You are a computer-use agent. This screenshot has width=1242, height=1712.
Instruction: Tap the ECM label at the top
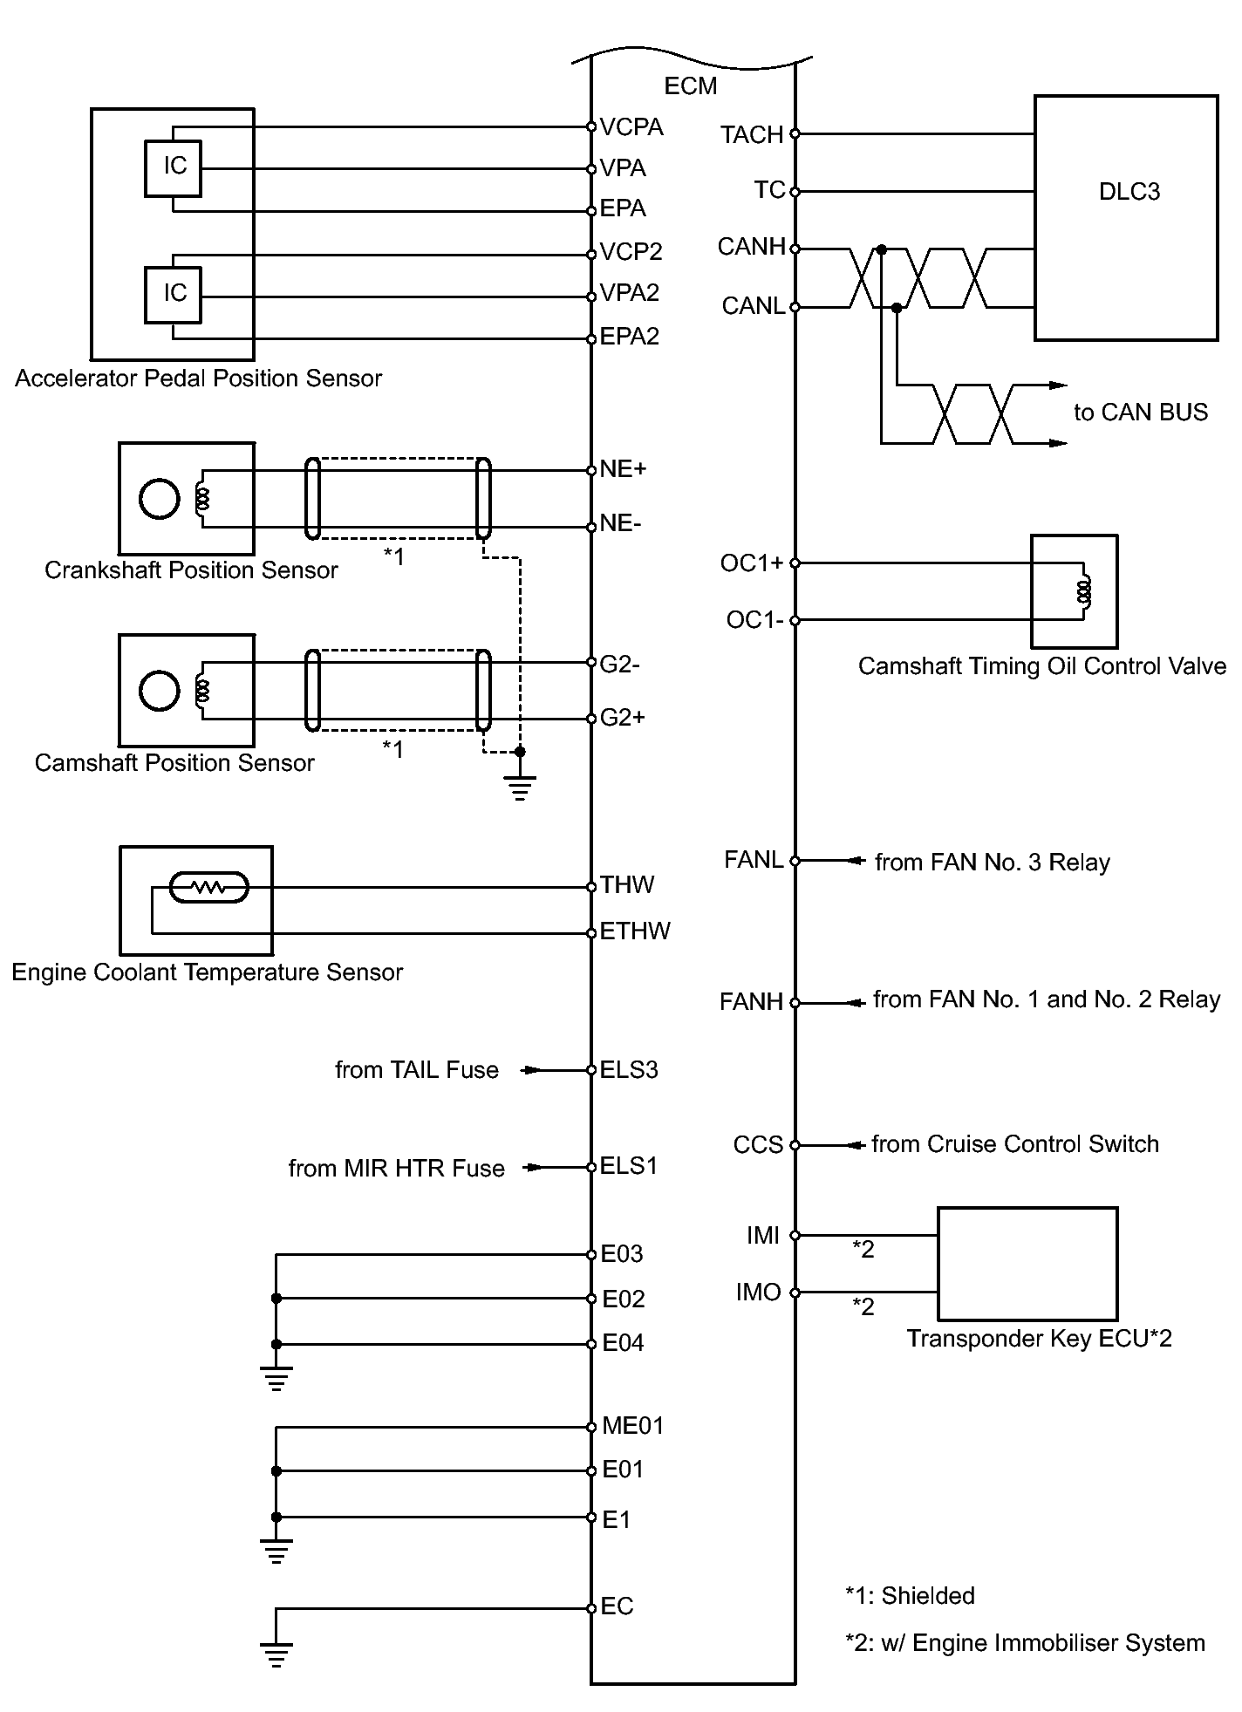pos(691,86)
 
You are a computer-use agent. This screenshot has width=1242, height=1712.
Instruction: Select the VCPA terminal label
pos(631,127)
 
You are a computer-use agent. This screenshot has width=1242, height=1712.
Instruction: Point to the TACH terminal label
pos(752,135)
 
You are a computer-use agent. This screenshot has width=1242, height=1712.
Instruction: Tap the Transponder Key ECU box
pos(1027,1264)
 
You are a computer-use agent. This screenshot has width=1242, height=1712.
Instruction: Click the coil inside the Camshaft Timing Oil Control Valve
pos(1084,592)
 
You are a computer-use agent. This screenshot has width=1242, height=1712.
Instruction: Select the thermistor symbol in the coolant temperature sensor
pos(208,888)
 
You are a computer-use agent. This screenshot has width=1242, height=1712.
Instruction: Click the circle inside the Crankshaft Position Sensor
pos(160,499)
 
